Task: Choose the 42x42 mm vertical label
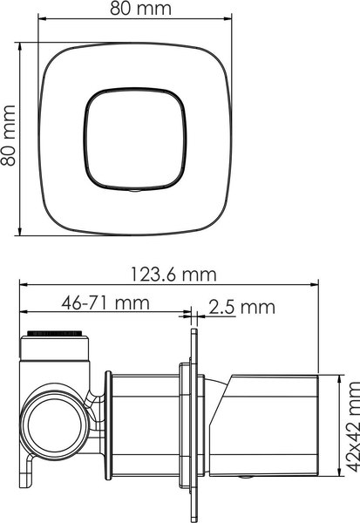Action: point(350,436)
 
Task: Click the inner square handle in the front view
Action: point(136,139)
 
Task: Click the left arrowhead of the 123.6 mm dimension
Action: point(25,285)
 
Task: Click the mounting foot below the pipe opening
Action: point(31,488)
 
